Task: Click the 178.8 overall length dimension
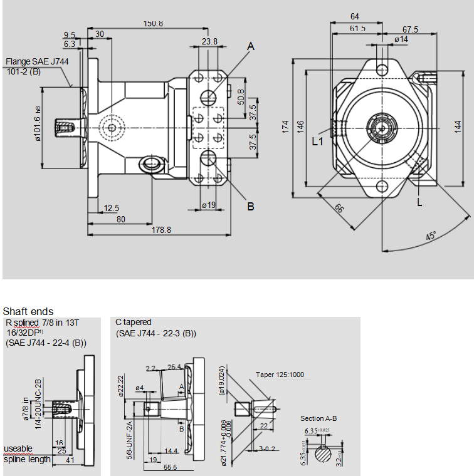[x=161, y=230]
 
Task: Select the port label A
[x=251, y=46]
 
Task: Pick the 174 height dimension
[x=286, y=127]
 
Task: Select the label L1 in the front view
[x=318, y=142]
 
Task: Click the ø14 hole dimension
[x=401, y=39]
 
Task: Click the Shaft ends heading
[x=28, y=311]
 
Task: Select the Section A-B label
[x=319, y=418]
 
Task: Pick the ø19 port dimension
[x=209, y=205]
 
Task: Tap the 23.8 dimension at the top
[x=210, y=41]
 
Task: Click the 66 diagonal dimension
[x=339, y=209]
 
